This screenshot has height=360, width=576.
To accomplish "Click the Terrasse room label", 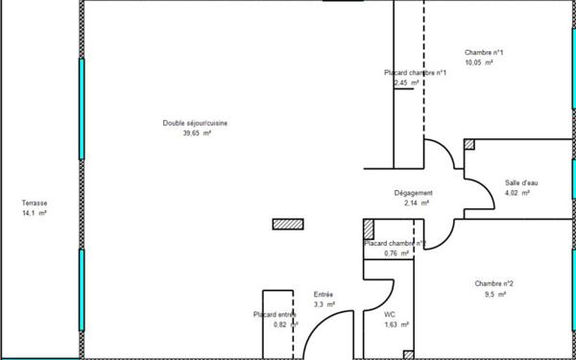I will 35,204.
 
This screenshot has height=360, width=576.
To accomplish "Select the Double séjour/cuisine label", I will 195,123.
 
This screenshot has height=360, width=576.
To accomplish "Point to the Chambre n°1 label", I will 484,53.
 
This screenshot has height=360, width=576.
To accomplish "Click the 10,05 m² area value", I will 479,62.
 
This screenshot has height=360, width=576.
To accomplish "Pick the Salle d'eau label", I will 522,182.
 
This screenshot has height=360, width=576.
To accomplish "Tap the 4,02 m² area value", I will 517,193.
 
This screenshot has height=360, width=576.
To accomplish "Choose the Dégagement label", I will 414,193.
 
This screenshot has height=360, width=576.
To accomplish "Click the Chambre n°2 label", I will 493,283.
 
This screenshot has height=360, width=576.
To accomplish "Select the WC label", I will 390,314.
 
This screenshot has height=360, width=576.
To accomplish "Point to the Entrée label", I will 324,295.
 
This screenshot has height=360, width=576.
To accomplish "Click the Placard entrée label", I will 274,314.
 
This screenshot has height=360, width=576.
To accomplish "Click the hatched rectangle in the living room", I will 288,224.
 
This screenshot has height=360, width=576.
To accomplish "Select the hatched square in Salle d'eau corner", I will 469,144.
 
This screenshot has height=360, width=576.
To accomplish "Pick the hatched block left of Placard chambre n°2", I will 369,229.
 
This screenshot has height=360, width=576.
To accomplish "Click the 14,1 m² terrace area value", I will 35,213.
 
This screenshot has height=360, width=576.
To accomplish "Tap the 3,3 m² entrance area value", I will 324,304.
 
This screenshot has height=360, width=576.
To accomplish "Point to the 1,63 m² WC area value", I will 396,324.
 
